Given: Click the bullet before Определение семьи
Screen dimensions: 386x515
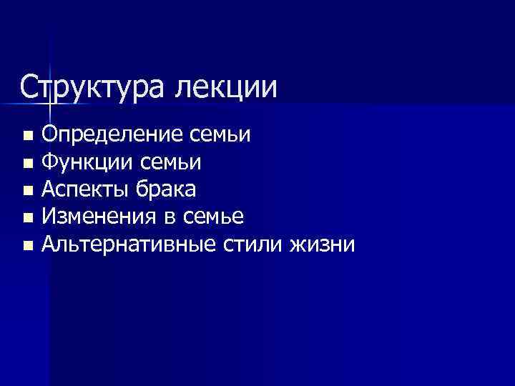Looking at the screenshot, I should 27,136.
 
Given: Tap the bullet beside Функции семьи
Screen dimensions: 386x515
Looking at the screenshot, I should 27,164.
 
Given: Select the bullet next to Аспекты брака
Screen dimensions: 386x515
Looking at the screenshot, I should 27,191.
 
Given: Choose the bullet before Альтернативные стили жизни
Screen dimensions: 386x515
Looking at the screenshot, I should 27,246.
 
